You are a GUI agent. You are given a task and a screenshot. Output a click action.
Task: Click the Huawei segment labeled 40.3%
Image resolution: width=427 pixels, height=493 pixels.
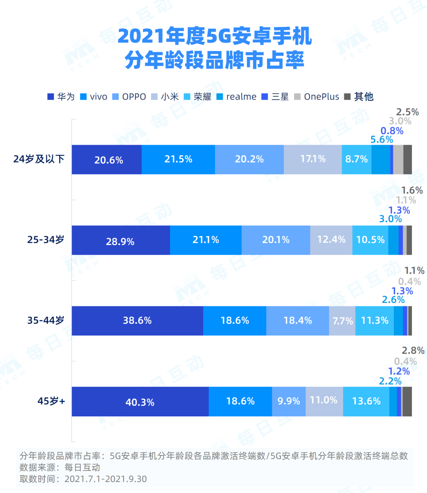coord(140,402)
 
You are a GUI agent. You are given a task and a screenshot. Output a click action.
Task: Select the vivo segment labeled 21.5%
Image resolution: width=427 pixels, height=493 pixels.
coord(178,159)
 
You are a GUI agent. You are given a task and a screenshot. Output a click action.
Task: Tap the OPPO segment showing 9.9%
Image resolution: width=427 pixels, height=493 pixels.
coord(289,402)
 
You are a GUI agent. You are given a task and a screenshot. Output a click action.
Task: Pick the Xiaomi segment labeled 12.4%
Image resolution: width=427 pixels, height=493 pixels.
coord(331,240)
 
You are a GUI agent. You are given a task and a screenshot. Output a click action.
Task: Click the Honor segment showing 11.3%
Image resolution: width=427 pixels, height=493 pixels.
coord(374,321)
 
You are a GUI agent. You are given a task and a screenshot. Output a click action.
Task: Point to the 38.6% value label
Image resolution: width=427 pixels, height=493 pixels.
coord(137,321)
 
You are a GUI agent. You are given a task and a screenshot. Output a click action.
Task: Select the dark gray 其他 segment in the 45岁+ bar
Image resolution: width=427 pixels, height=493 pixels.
coord(407,402)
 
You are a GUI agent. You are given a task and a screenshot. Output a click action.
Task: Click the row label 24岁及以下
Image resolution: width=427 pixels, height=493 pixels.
coord(39,159)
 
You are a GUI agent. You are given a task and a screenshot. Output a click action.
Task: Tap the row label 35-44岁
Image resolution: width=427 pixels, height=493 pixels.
coord(45,321)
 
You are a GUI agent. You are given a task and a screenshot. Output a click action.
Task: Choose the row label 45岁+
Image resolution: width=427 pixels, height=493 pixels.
coord(51,401)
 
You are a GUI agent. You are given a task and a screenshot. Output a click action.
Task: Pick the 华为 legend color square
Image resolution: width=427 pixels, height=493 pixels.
coord(51,97)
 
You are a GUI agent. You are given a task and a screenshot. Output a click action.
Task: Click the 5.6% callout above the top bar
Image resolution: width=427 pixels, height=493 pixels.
coord(382,140)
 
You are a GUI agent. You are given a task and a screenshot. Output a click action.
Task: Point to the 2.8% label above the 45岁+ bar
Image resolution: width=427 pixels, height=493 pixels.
coord(413,351)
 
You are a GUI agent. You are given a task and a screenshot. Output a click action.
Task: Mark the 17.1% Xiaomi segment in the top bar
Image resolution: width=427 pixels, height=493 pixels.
coord(313,159)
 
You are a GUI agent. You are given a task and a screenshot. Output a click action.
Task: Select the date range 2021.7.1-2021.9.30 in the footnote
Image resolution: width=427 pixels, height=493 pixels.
coord(106,479)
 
